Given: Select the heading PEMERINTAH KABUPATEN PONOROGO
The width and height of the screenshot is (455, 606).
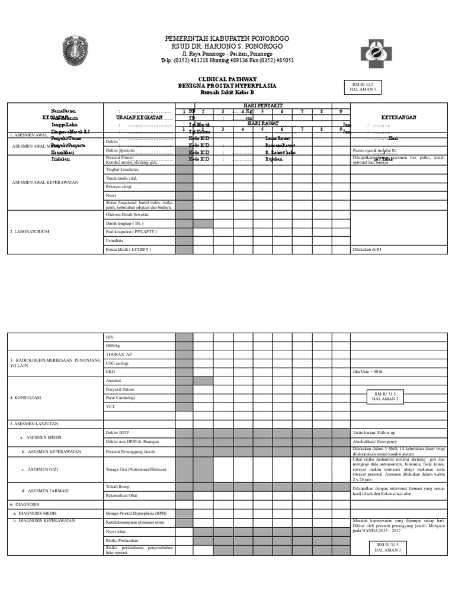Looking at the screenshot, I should click(x=227, y=38).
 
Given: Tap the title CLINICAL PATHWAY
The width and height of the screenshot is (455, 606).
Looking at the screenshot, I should click(x=227, y=79).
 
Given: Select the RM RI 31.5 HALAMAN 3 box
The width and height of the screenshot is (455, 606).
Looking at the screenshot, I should click(x=387, y=547).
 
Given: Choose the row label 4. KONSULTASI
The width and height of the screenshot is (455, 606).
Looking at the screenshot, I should click(x=25, y=398).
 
